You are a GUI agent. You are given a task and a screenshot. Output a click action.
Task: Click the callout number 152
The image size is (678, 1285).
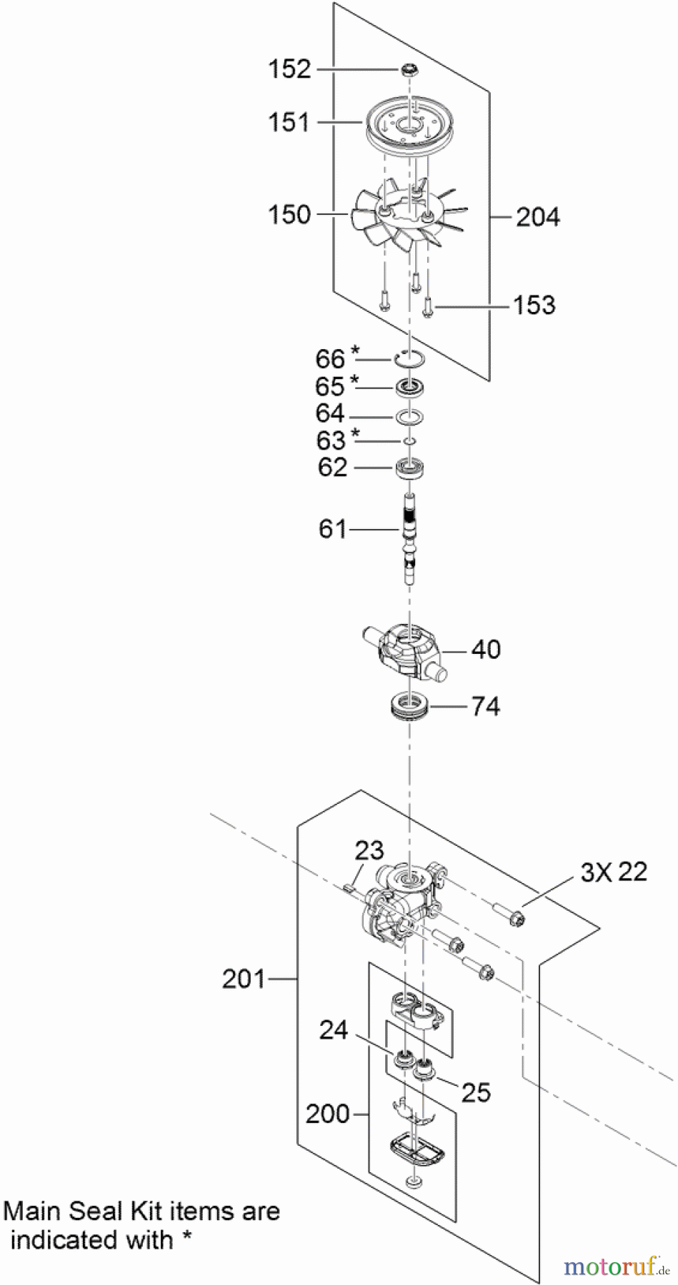click(x=289, y=69)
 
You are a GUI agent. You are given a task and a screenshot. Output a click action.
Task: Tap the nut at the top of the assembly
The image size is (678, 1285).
click(x=409, y=69)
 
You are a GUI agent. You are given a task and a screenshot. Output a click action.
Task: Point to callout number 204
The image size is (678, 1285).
click(x=537, y=217)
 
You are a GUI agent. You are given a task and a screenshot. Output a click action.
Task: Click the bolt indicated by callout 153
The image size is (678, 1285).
click(x=429, y=307)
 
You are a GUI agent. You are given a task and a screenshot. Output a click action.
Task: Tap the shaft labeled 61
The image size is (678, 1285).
click(x=409, y=535)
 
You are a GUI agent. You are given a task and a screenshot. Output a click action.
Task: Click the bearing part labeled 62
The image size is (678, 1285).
click(x=411, y=469)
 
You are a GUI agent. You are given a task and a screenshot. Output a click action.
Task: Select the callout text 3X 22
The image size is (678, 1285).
click(x=614, y=872)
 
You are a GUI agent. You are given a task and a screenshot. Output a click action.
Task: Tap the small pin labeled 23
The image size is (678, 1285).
click(x=348, y=888)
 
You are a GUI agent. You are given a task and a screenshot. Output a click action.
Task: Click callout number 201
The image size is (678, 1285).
click(x=244, y=979)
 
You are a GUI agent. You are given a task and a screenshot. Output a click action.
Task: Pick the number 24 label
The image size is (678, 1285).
click(x=333, y=1030)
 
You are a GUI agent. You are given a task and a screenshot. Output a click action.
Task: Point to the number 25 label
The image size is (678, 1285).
click(x=476, y=1092)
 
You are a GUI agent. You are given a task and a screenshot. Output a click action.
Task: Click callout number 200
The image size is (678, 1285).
click(x=327, y=1114)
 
